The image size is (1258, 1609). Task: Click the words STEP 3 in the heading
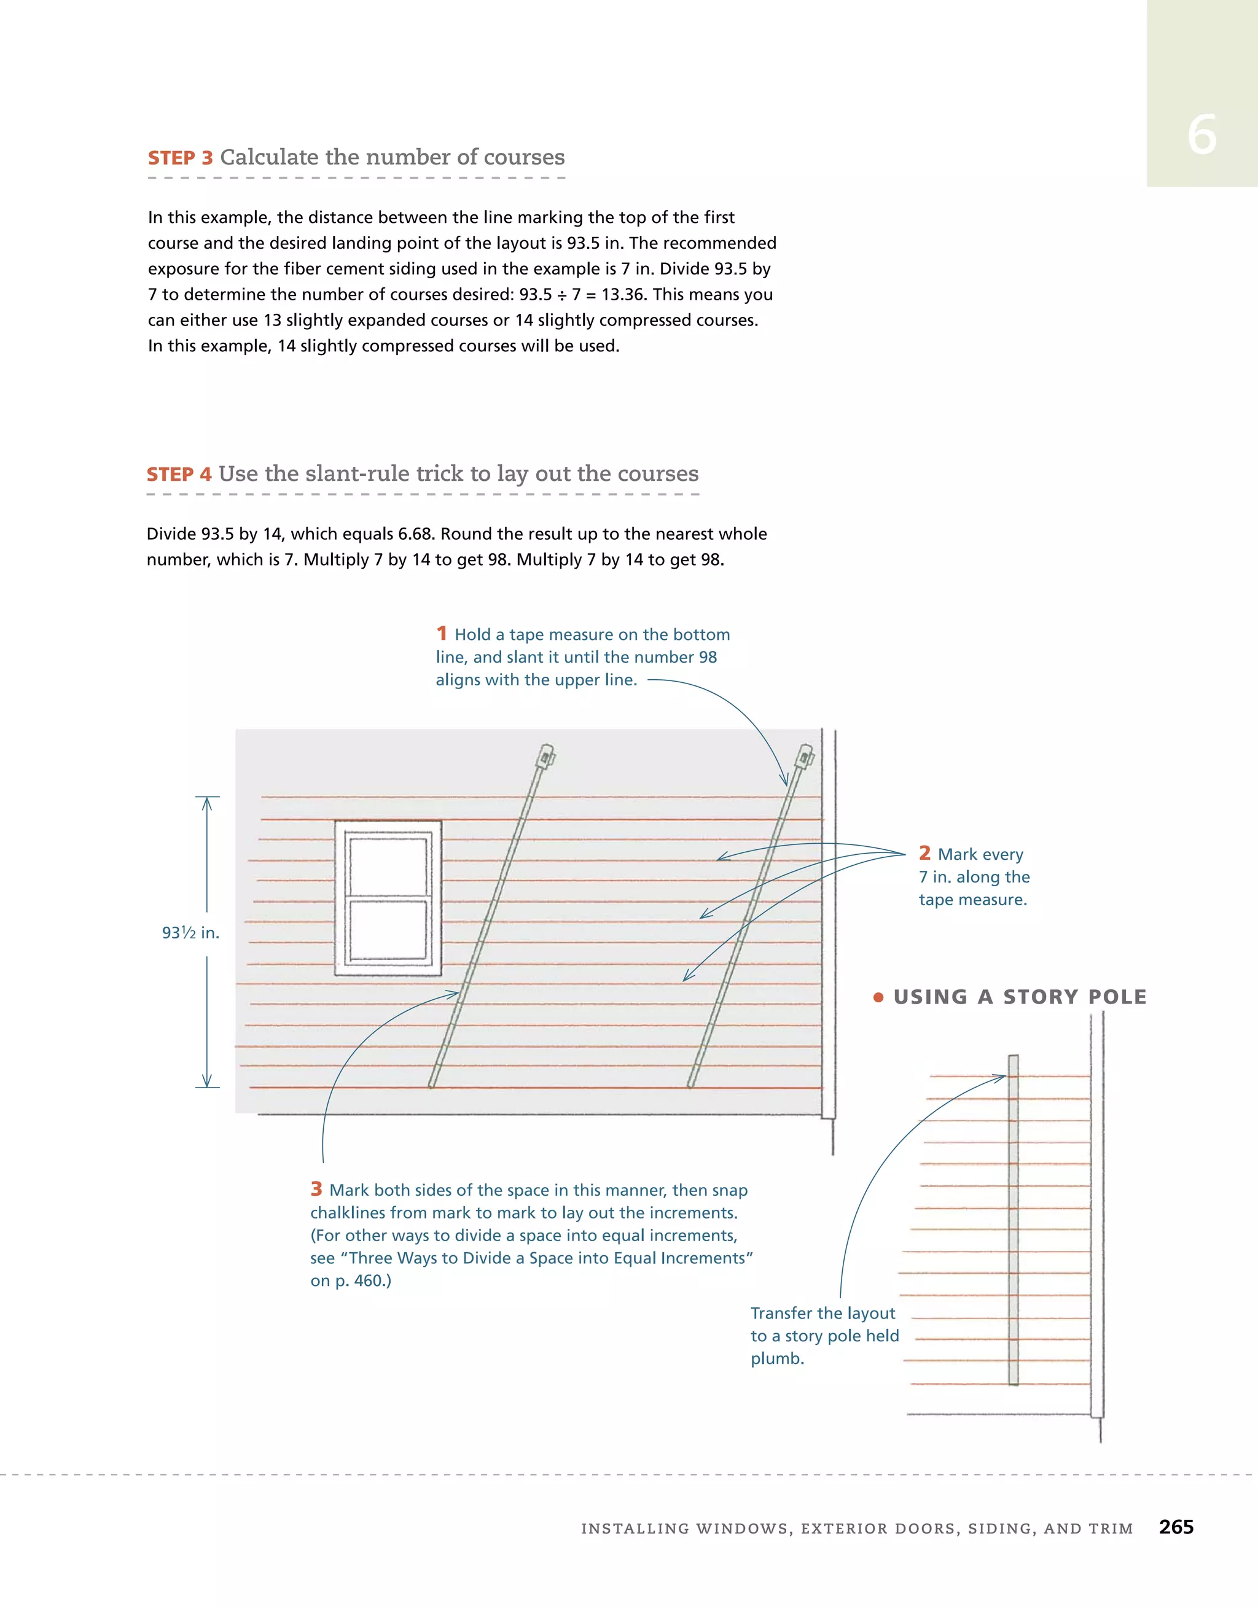click(x=180, y=158)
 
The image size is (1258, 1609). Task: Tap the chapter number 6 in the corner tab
click(x=1201, y=136)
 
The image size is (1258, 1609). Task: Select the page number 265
click(x=1176, y=1527)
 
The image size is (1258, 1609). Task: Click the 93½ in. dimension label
click(x=190, y=933)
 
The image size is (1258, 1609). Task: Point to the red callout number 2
click(x=925, y=852)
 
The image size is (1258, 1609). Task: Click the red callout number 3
click(x=316, y=1188)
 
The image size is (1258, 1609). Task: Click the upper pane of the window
click(x=388, y=866)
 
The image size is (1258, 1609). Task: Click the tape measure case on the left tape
click(x=546, y=757)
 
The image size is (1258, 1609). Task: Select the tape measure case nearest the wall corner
click(x=804, y=757)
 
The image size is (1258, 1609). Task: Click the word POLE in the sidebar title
click(x=1117, y=997)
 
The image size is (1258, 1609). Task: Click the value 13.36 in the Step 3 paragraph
click(x=623, y=295)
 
